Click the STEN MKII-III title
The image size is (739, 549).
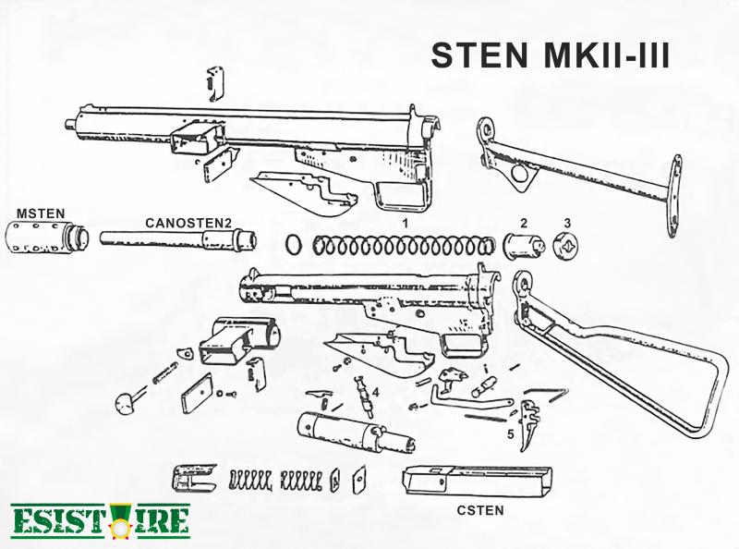click(x=550, y=55)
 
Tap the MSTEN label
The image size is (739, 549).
click(x=41, y=213)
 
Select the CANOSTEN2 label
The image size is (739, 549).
click(x=188, y=223)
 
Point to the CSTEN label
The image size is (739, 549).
click(x=480, y=510)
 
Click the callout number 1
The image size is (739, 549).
click(x=406, y=223)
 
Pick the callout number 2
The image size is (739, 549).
click(x=524, y=223)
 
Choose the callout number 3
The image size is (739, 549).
click(x=567, y=223)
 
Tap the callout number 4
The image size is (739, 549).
click(x=376, y=393)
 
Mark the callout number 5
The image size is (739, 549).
click(x=511, y=433)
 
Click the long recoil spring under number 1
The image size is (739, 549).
click(x=405, y=246)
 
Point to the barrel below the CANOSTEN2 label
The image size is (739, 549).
click(x=178, y=238)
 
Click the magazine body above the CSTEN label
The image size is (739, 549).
click(x=477, y=481)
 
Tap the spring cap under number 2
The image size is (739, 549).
click(x=524, y=245)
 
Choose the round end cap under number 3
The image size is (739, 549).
click(x=565, y=246)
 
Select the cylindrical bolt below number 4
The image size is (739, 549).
click(x=356, y=432)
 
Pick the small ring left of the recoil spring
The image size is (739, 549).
click(x=293, y=245)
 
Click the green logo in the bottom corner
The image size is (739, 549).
click(x=100, y=521)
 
